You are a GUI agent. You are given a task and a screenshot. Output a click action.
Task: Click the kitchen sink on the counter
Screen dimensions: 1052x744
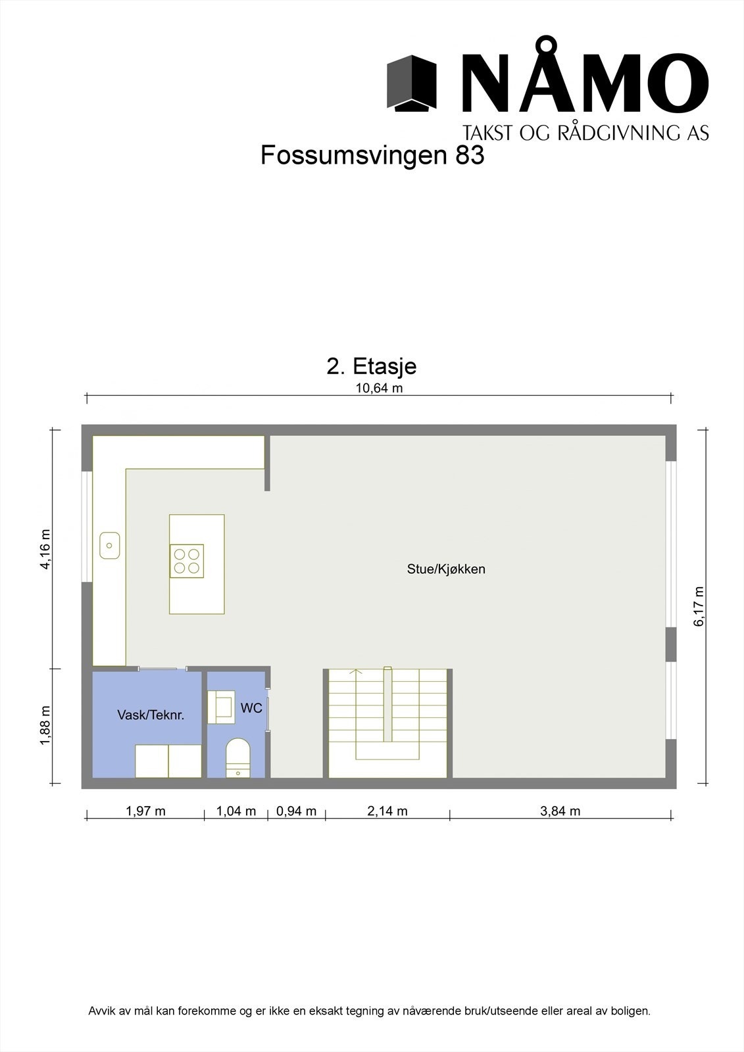pos(110,545)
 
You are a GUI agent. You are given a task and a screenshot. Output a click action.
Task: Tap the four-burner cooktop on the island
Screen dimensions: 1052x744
pos(187,561)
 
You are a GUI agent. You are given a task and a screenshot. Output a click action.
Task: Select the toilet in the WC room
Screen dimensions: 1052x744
pos(237,757)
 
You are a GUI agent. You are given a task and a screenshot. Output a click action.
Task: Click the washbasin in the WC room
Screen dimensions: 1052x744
pos(221,707)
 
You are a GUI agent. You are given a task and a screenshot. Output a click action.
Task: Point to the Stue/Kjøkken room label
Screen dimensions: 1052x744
pos(446,569)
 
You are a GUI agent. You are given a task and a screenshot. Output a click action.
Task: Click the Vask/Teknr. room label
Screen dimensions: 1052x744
pos(151,715)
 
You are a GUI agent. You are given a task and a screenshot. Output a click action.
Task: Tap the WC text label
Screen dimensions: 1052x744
pos(251,708)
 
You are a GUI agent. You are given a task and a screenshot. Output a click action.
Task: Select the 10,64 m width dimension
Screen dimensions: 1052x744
pos(379,388)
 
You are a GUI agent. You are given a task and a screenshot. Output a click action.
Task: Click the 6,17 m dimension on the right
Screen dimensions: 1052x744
pos(699,606)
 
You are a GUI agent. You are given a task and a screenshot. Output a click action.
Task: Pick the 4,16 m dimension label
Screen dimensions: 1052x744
pos(45,549)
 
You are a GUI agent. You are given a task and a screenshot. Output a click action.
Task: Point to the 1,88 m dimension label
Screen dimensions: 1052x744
pos(45,726)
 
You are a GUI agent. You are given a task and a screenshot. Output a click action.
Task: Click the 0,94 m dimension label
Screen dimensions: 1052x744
pos(296,811)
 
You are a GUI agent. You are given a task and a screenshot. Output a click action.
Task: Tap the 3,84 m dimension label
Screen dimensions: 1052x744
pos(560,811)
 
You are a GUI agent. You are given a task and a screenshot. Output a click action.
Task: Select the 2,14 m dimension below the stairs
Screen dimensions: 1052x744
pos(387,811)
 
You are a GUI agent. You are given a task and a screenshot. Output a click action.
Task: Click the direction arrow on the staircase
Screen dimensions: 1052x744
pos(356,673)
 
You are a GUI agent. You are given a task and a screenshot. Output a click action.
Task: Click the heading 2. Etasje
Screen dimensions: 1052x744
pos(372,366)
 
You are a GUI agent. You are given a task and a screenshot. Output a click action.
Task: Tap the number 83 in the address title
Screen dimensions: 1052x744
pos(468,156)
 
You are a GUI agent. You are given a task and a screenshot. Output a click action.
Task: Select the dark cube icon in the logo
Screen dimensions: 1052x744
pos(412,83)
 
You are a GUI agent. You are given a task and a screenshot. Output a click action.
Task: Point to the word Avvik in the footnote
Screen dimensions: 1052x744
pos(101,1011)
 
